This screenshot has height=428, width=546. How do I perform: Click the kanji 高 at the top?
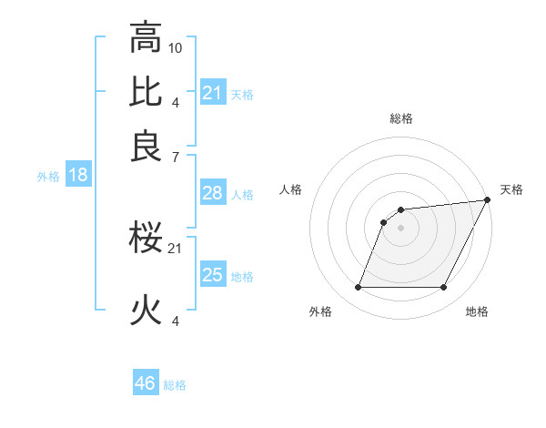click(x=147, y=38)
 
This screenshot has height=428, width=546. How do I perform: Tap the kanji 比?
click(x=147, y=92)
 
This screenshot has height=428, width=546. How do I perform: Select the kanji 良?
click(x=147, y=147)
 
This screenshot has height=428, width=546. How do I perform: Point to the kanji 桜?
click(x=147, y=239)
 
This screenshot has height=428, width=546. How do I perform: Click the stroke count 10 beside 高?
click(x=176, y=47)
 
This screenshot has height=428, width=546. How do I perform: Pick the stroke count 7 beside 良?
click(x=176, y=158)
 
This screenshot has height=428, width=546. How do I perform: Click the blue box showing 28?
click(x=213, y=193)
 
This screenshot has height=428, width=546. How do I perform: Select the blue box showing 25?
click(x=213, y=275)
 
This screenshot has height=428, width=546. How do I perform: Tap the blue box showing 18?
click(x=77, y=176)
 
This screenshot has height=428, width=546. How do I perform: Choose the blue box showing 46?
click(x=146, y=383)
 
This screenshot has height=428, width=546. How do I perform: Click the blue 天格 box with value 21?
click(x=213, y=93)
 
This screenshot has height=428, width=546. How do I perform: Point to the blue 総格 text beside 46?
click(x=175, y=385)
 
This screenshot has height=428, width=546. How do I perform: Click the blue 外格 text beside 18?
click(x=48, y=177)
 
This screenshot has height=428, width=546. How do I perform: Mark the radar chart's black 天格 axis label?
click(x=511, y=189)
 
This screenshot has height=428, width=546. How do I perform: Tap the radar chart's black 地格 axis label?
click(x=477, y=311)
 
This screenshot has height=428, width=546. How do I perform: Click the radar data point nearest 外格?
click(x=358, y=288)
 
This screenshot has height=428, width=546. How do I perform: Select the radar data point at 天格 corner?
click(x=488, y=200)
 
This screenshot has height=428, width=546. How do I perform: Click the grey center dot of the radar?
click(x=400, y=228)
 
